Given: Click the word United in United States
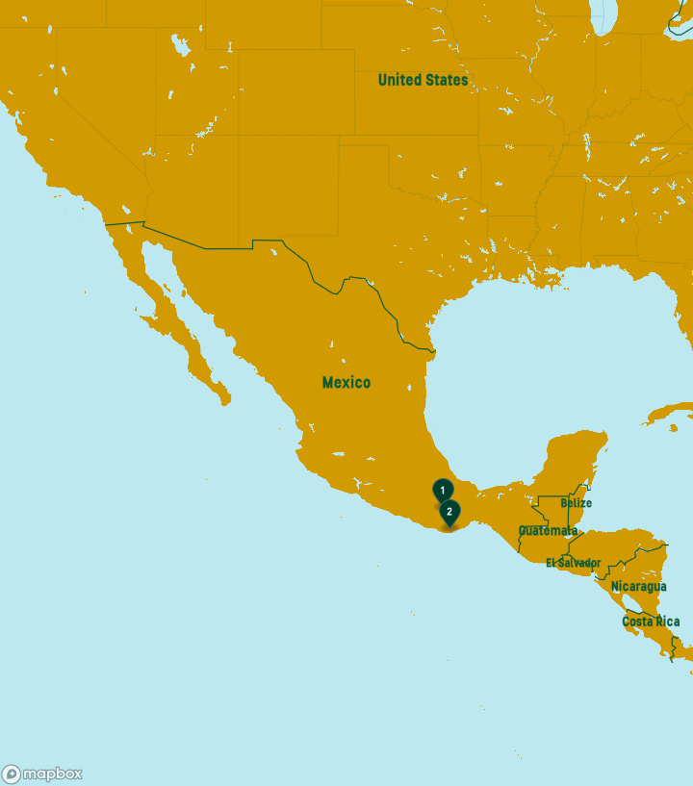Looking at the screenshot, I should coord(399,80).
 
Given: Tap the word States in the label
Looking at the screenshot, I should coord(448,80).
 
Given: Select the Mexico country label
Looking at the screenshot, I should coord(346,382).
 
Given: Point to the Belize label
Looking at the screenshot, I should coord(576,503).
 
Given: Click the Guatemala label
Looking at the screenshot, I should coord(549,530).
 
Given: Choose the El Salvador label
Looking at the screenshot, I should coord(574,563).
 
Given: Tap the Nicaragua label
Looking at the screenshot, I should coord(638,586).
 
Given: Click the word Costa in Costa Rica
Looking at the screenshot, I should coord(638,621).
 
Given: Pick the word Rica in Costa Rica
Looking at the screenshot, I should coord(667,621).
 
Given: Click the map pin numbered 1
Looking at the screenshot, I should coord(443,490).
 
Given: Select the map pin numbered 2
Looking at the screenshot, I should coord(449,512).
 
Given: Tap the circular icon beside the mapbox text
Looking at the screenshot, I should coord(12,773).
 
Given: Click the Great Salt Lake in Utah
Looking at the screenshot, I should coord(178,43).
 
